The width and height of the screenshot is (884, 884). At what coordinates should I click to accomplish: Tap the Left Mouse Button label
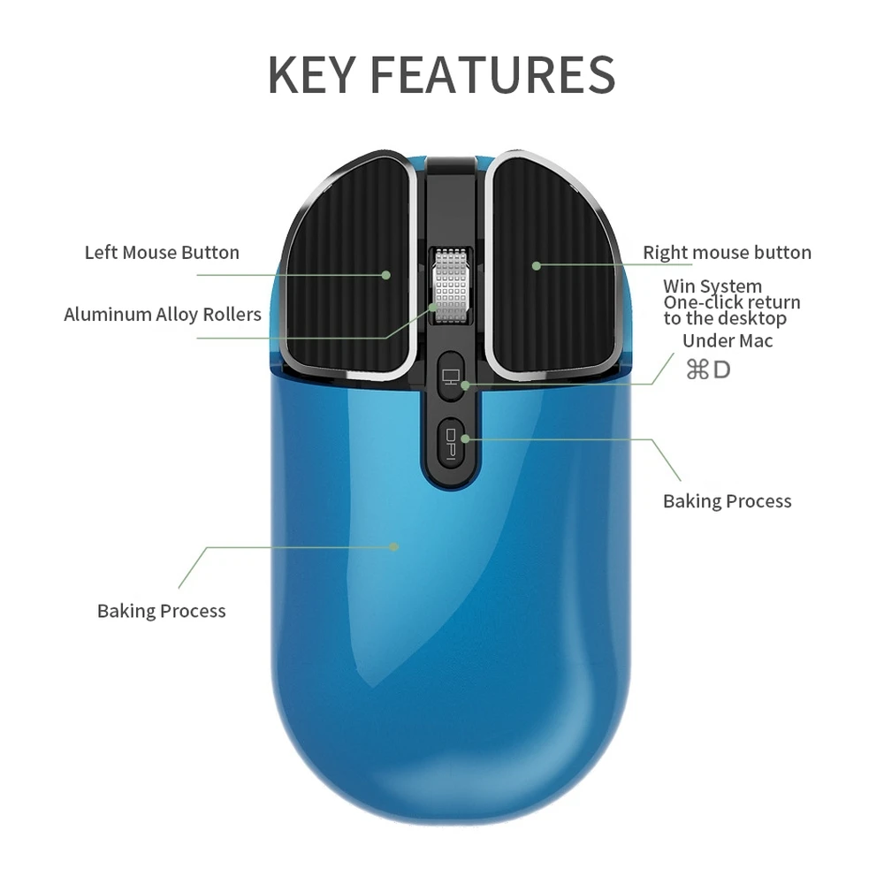click(x=162, y=253)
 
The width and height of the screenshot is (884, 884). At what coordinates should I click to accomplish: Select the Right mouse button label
click(x=727, y=253)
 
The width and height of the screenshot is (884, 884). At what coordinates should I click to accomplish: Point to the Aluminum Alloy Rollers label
click(x=163, y=315)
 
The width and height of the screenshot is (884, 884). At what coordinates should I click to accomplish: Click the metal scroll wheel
click(x=449, y=288)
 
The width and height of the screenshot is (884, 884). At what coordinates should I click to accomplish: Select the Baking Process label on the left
click(x=162, y=611)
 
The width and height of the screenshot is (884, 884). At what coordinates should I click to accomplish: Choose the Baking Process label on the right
click(x=727, y=501)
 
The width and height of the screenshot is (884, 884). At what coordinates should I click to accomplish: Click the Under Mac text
click(x=728, y=341)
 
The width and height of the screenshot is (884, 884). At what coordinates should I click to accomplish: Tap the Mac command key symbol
click(x=697, y=370)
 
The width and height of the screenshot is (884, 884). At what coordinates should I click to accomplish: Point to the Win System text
click(x=713, y=286)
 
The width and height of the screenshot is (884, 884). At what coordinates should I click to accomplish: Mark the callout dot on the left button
click(x=386, y=275)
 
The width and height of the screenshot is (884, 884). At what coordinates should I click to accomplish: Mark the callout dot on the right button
click(x=536, y=264)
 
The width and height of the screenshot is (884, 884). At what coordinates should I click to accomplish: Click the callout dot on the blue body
click(x=395, y=546)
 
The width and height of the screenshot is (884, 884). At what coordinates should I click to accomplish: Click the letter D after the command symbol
click(x=721, y=370)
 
